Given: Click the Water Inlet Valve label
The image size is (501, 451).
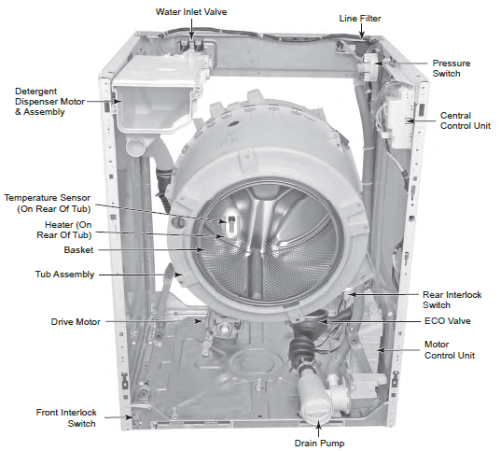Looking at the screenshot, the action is tap(191, 12).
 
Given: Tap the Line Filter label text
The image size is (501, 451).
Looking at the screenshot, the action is tap(360, 19).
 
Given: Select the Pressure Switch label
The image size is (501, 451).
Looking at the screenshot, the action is tap(452, 68).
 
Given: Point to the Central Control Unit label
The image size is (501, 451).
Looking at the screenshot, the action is tap(466, 120).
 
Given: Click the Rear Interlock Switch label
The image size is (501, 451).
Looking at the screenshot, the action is tap(452, 300).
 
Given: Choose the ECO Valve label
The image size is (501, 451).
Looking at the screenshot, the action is tap(447, 321).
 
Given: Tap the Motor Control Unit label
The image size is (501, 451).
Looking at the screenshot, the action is tap(450, 350).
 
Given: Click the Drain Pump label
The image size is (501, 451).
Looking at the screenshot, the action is tap(319, 443).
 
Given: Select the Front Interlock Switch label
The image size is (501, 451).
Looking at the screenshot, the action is tap(66, 418).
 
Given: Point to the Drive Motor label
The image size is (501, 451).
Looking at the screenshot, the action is tap(76, 322).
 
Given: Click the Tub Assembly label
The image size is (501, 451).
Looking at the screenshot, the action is tap(65, 275).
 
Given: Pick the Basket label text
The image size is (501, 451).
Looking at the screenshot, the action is tap(78, 250).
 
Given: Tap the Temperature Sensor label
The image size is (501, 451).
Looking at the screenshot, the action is tap(48, 204).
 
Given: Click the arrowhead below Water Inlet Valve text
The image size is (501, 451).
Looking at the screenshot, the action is tap(191, 37).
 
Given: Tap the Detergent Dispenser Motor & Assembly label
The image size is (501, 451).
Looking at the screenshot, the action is tap(49, 102).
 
